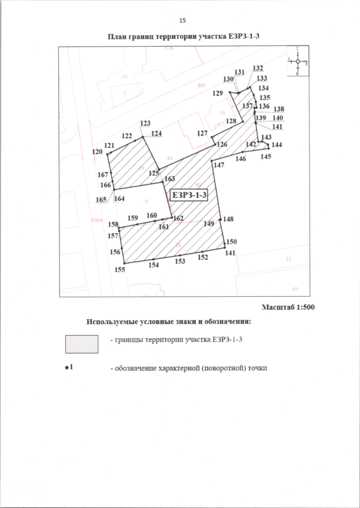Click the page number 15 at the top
182,21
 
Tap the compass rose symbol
298,61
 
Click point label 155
119,270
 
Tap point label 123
146,123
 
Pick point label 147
219,165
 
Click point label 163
170,178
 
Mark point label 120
97,152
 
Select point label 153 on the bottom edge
180,261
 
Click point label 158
114,224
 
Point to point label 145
266,157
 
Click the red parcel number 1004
97,221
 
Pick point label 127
202,133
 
